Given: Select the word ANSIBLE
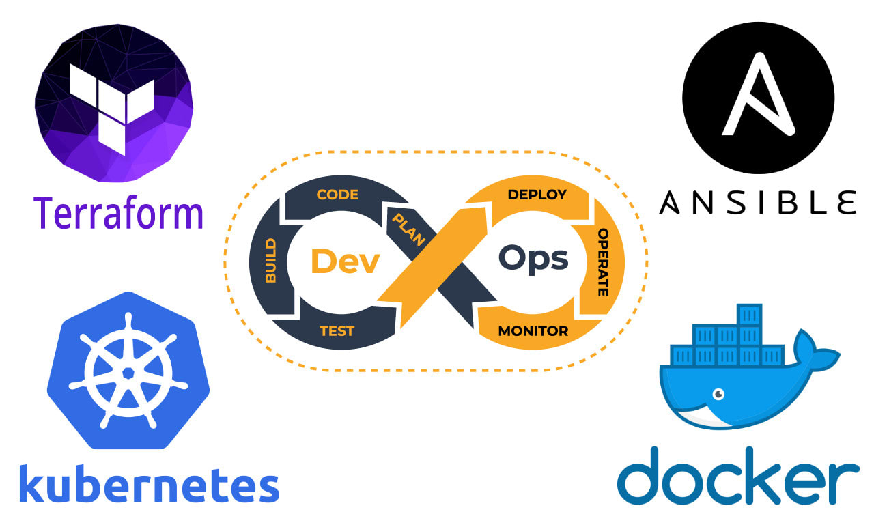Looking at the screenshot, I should click(757, 203).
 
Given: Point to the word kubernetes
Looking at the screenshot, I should click(149, 484).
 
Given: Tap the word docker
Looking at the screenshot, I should click(738, 475).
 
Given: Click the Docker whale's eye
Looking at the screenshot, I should click(718, 394).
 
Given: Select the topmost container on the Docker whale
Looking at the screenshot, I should click(749, 315).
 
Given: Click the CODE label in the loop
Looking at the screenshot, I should click(337, 195).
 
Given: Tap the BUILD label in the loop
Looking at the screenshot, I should click(270, 261).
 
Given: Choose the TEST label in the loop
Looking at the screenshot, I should click(337, 331).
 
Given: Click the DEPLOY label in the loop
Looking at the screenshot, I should click(537, 195).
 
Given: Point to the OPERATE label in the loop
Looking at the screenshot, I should click(603, 262).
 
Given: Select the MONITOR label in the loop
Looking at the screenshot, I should click(533, 331).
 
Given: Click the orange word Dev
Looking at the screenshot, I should click(344, 261).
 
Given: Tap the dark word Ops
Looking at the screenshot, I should click(533, 259).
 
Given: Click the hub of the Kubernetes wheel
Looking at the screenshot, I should click(128, 373).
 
